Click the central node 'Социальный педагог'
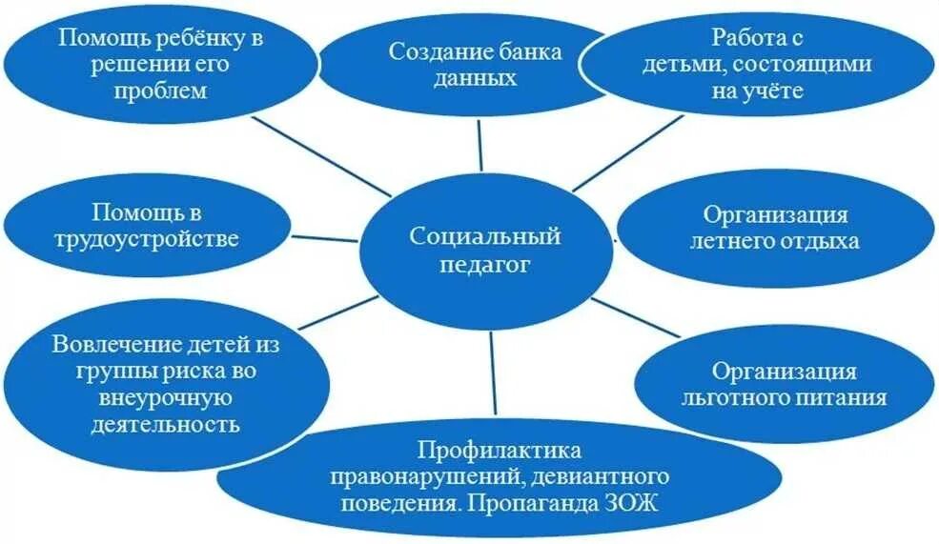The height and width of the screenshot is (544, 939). pos(484,249)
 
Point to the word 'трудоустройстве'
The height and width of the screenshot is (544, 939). pos(147,239)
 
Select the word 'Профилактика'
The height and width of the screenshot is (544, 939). pos(500,449)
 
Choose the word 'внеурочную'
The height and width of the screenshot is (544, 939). pos(166,395)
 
